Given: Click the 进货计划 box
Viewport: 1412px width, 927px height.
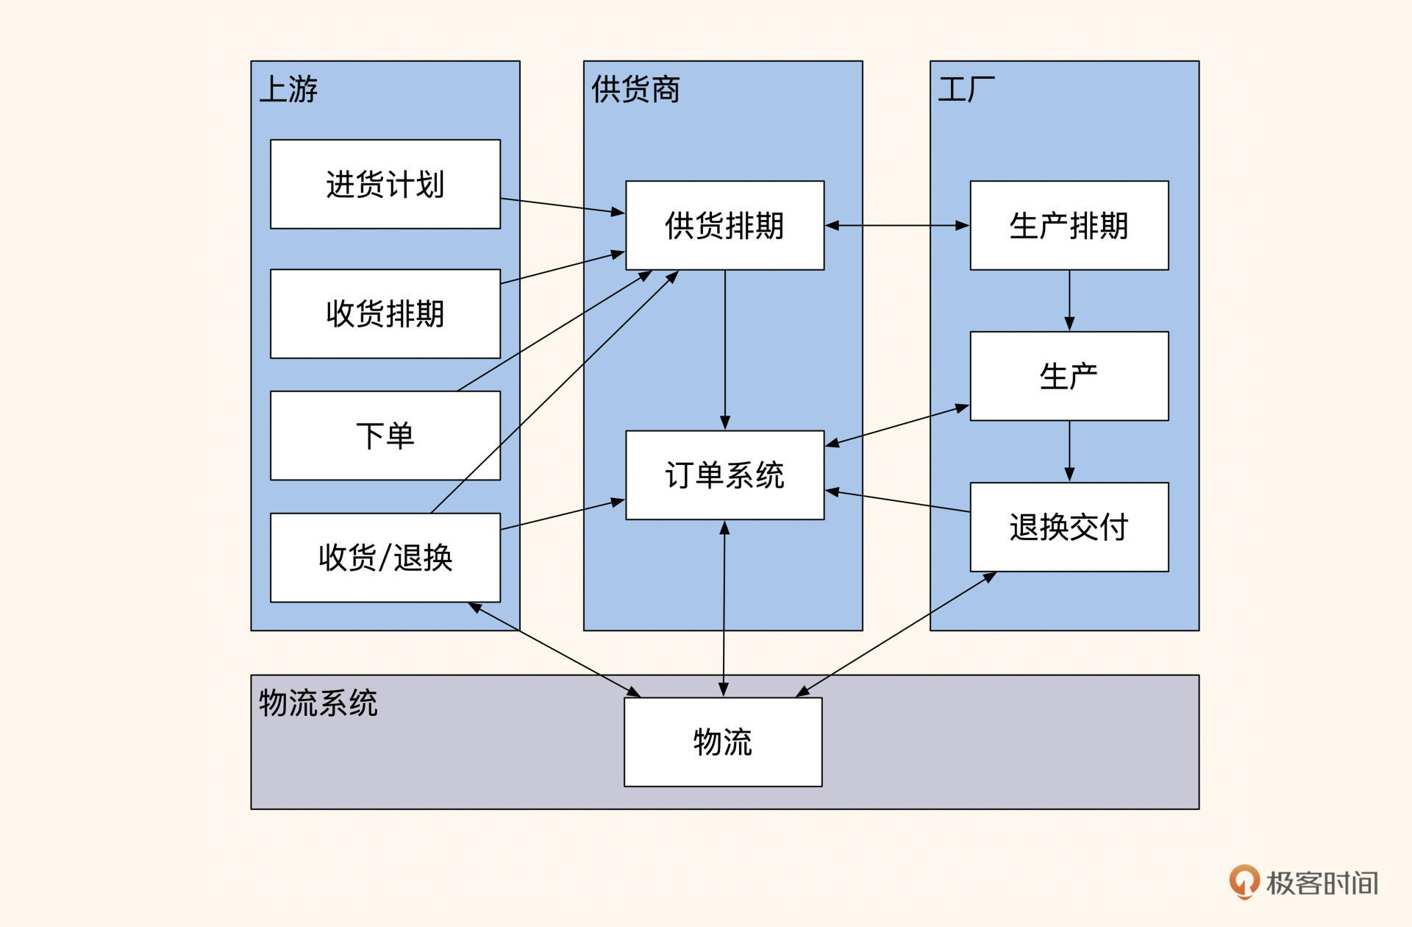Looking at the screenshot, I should (385, 184).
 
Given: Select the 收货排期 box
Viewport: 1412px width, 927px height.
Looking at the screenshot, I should (385, 313).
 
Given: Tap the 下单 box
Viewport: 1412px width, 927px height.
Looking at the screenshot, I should (385, 436).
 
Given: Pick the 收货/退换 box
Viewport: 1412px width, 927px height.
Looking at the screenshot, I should (385, 558).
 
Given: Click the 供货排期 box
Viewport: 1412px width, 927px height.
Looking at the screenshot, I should (724, 225).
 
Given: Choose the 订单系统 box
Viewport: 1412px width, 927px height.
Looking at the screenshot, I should (724, 475).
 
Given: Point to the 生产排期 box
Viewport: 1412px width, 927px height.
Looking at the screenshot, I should (1069, 225).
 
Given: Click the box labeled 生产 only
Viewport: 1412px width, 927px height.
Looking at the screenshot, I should (1069, 376).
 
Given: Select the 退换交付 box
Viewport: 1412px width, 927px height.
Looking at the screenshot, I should (1069, 527).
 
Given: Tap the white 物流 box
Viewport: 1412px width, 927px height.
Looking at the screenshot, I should (722, 742).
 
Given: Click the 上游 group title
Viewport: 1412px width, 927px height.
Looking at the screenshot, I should (288, 90).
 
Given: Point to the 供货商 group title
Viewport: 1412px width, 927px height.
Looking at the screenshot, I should (635, 90).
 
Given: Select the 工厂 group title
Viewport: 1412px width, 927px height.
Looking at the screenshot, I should (966, 90).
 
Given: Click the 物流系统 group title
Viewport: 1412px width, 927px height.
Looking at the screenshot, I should (318, 703).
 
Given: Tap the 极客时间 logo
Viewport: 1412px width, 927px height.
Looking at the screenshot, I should (1304, 882).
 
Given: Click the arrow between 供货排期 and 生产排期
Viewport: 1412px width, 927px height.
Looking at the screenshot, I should (896, 225).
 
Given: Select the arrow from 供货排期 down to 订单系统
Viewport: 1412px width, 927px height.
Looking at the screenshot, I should (725, 349).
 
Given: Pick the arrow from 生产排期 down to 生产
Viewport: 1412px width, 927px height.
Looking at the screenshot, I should (1069, 300).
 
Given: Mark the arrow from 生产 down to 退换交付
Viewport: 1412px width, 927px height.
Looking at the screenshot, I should (1069, 451).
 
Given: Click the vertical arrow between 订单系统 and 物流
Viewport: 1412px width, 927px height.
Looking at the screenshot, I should (724, 608).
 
